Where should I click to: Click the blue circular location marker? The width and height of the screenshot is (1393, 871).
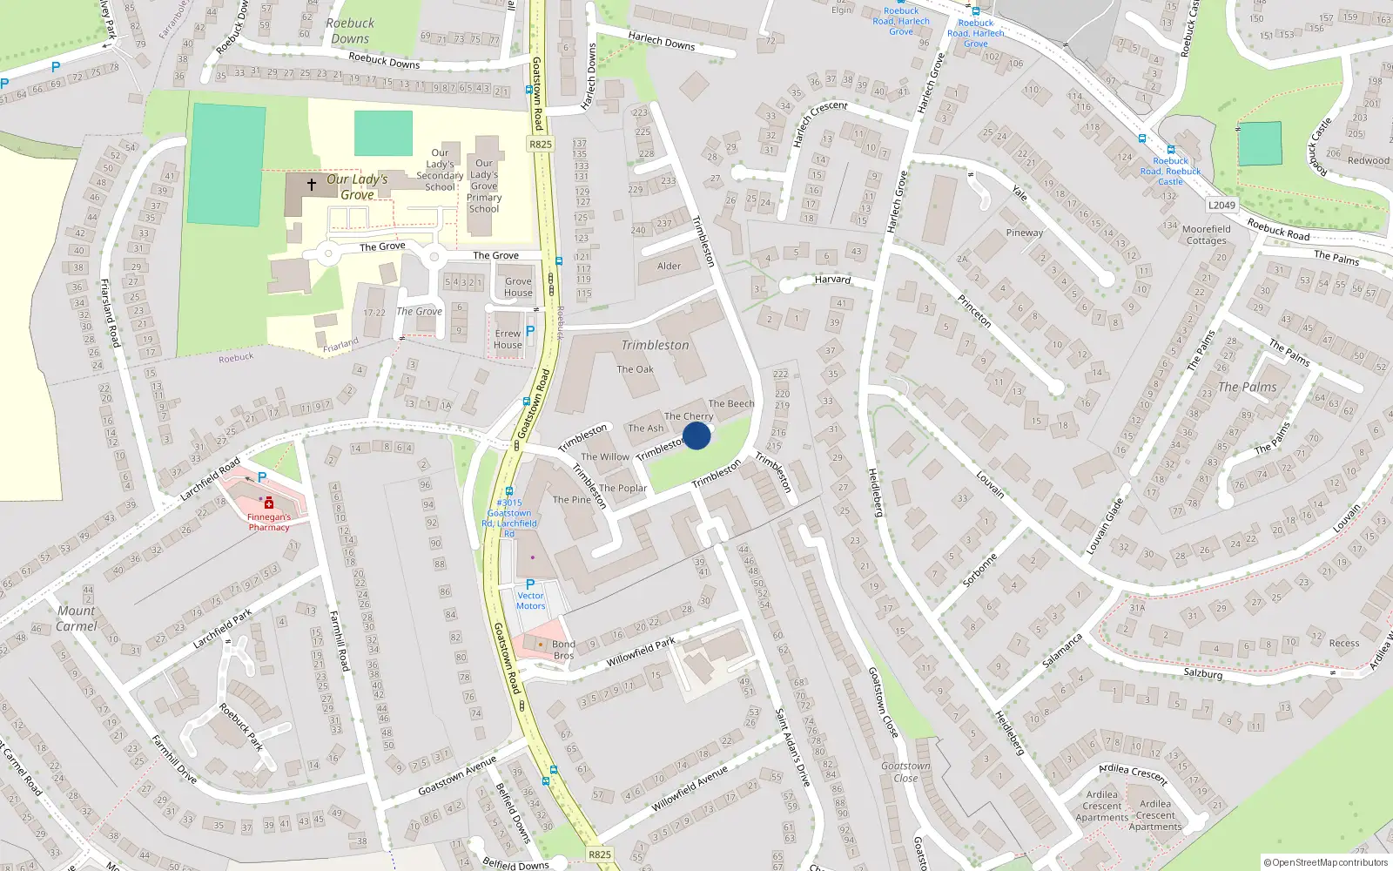click(x=696, y=435)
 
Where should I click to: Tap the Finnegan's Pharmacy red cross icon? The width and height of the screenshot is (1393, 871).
click(x=269, y=503)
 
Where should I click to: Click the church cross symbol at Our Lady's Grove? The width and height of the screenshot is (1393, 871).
click(x=312, y=185)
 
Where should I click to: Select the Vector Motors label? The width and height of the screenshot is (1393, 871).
click(x=530, y=601)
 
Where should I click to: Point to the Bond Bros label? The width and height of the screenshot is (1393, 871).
click(x=563, y=650)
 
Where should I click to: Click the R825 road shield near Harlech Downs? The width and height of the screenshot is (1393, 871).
click(x=541, y=145)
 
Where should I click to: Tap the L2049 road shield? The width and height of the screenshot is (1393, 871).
click(x=1221, y=206)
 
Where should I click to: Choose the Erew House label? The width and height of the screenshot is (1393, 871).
click(x=508, y=339)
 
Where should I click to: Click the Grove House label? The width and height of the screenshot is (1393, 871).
click(x=518, y=287)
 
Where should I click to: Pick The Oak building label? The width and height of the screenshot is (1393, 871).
click(x=635, y=369)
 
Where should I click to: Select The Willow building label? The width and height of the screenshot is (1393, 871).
click(x=605, y=456)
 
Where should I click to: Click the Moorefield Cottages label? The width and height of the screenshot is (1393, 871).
click(x=1206, y=235)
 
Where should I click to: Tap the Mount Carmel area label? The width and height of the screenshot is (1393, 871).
click(x=77, y=618)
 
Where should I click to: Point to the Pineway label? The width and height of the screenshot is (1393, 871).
click(x=1024, y=233)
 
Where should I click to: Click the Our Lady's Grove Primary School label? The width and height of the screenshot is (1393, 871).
click(x=484, y=186)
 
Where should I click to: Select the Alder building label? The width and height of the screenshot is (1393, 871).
click(x=669, y=266)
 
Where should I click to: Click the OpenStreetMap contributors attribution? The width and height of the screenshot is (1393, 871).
click(x=1325, y=862)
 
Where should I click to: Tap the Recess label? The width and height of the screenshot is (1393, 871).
click(x=1344, y=644)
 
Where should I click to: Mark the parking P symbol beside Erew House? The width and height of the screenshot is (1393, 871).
click(x=530, y=330)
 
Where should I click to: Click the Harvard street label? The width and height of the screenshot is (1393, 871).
click(x=832, y=280)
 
